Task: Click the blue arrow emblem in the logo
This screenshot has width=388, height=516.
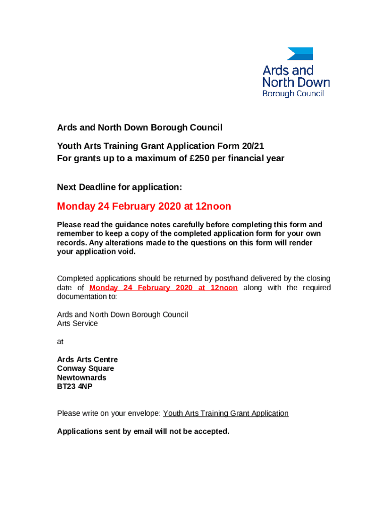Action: (300, 54)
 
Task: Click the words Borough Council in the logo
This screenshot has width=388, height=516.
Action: (293, 94)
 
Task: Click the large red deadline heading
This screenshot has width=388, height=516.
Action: (144, 206)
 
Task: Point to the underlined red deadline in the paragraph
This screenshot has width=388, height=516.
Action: (163, 288)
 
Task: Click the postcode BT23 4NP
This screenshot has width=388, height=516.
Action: (75, 386)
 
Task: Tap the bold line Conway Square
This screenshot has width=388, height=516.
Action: (85, 368)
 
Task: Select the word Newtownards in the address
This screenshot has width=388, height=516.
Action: (82, 377)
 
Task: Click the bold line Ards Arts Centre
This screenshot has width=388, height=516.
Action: (87, 359)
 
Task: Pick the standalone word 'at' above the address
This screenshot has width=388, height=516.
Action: (60, 341)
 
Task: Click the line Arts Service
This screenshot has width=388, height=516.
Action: (77, 324)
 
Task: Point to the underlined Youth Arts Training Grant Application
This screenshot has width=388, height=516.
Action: (226, 413)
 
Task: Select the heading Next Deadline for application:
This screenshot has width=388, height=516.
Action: (119, 187)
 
